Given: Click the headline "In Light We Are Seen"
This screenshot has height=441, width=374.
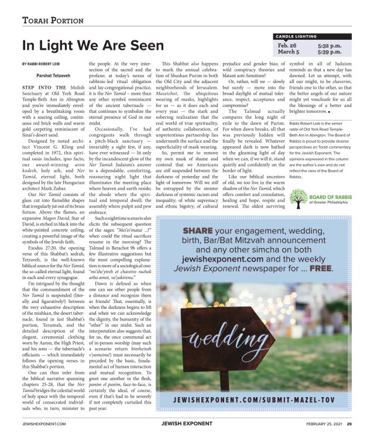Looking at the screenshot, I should pyautogui.click(x=92, y=46).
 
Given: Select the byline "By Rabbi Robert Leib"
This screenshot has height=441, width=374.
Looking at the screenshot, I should pyautogui.click(x=42, y=63).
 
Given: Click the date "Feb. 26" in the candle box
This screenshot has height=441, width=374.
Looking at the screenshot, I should pyautogui.click(x=287, y=44).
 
